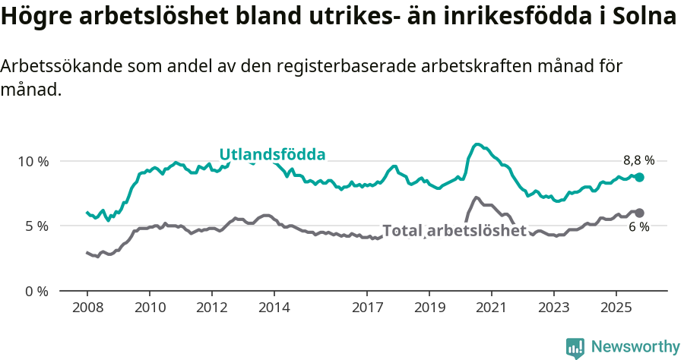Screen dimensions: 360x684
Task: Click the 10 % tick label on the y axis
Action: point(32,161)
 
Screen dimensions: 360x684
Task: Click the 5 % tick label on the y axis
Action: point(35,226)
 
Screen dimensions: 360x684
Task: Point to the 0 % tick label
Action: point(35,291)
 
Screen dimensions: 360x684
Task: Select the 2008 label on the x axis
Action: point(87,308)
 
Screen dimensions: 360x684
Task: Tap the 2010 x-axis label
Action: point(149,308)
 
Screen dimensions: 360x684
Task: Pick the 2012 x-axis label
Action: point(211,308)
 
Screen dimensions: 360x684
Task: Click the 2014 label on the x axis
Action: point(274,308)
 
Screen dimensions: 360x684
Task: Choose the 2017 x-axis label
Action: point(367,308)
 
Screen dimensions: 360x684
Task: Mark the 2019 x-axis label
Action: point(429,308)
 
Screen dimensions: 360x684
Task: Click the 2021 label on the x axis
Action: point(491,308)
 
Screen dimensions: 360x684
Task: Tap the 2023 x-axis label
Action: point(553,308)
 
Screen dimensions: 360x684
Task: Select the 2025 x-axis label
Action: point(616,308)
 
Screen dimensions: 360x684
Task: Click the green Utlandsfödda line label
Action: point(272,155)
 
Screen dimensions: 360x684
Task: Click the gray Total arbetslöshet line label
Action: point(454,231)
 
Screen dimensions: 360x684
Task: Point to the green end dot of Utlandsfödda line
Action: point(639,177)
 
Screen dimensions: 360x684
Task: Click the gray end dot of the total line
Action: point(639,213)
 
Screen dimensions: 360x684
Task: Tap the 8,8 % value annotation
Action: point(638,160)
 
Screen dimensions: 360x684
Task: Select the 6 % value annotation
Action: point(638,227)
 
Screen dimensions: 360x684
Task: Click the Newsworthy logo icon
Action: point(575,348)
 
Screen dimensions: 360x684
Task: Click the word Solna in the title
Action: point(650,17)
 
